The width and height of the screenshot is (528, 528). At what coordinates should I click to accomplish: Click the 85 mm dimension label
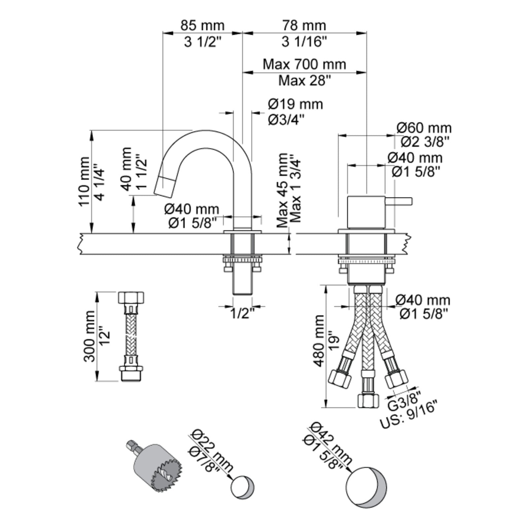point(202,25)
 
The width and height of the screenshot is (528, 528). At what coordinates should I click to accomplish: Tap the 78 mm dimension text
point(304,25)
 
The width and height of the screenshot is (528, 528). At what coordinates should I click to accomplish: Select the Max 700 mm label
point(304,64)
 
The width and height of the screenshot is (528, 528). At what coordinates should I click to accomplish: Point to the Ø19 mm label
point(295,104)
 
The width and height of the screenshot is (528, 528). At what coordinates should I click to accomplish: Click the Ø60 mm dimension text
point(424,128)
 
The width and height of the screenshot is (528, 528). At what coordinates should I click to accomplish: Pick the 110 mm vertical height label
point(84,182)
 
